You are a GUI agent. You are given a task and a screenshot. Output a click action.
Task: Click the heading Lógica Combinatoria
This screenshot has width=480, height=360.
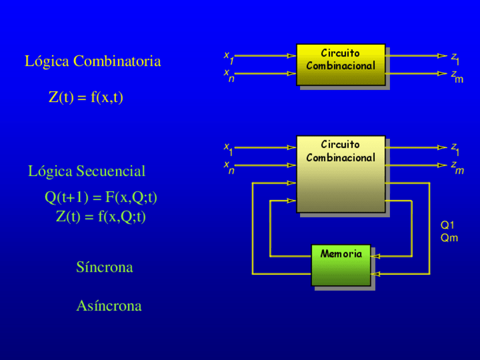pos(93,61)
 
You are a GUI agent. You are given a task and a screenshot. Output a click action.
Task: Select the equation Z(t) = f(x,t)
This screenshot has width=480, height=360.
pos(86,97)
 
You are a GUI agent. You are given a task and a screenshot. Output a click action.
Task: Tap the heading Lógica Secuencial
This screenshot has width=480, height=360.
pos(87,171)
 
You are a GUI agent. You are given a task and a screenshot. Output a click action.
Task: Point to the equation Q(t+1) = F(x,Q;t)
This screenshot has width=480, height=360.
pos(101,197)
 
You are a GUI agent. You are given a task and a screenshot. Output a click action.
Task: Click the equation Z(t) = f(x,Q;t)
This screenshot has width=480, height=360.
pos(101,216)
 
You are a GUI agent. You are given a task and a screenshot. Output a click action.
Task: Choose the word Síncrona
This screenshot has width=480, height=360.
pos(105,267)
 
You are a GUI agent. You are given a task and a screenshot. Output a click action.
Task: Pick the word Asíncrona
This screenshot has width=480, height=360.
pos(109,306)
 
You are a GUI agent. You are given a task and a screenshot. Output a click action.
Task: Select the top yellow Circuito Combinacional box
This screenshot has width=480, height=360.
pos(341,65)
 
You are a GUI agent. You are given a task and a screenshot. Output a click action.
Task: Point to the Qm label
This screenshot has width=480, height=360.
pos(449,238)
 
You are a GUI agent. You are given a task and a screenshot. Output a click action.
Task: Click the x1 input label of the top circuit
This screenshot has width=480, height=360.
pos(229,57)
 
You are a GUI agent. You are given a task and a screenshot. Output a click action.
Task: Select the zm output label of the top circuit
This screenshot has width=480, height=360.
pos(456,76)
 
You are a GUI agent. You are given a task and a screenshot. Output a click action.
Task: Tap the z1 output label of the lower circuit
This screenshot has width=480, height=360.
pos(455,149)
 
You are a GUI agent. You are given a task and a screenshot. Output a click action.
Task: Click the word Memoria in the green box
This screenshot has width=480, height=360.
pos(341,254)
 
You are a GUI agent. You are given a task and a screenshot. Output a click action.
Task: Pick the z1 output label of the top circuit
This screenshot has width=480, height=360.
pos(455,58)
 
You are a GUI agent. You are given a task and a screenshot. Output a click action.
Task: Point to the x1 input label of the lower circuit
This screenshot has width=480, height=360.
pos(229,149)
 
